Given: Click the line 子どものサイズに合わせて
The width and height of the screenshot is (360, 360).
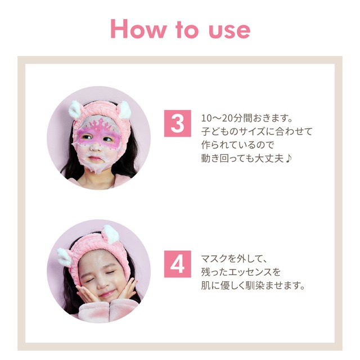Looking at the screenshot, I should [256, 132].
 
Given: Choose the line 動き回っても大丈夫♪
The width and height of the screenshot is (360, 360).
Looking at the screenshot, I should [245, 157].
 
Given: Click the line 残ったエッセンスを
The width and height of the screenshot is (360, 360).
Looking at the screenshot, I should [241, 272].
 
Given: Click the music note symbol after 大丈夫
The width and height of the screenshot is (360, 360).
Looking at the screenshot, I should [286, 157].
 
